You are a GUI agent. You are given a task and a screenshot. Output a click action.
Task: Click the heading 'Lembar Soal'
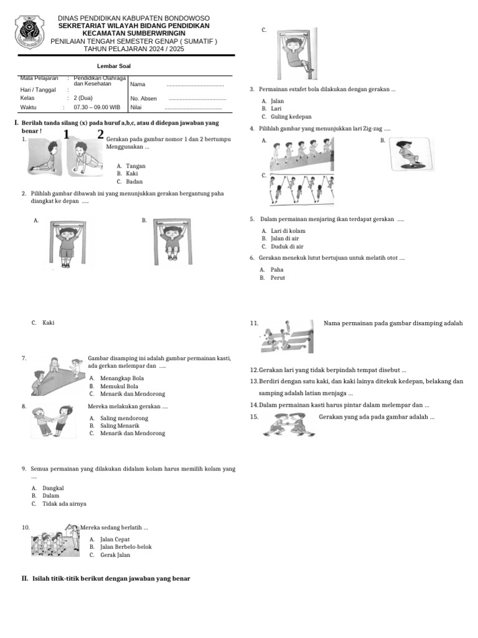pyautogui.click(x=114, y=66)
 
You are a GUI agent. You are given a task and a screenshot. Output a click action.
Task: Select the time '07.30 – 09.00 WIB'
pyautogui.click(x=97, y=107)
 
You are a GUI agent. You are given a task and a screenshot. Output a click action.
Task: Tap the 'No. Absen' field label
pyautogui.click(x=144, y=98)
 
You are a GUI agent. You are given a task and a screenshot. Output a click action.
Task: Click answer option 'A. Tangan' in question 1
pyautogui.click(x=131, y=166)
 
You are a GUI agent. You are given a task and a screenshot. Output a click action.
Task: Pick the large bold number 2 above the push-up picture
pyautogui.click(x=100, y=135)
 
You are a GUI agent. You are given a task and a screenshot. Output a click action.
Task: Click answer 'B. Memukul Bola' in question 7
pyautogui.click(x=113, y=386)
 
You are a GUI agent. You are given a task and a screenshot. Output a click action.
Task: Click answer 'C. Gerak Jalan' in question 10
pyautogui.click(x=110, y=555)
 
